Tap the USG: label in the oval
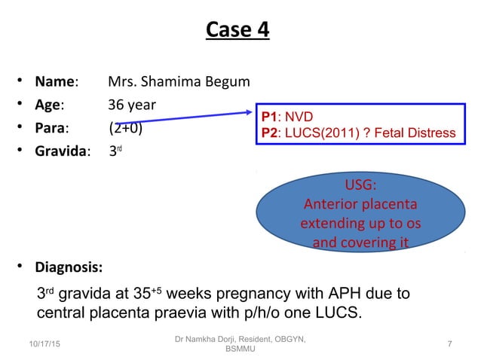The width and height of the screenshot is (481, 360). pos(360,186)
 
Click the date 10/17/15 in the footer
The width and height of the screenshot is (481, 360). pos(46,344)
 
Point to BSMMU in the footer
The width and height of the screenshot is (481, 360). pos(240,351)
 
